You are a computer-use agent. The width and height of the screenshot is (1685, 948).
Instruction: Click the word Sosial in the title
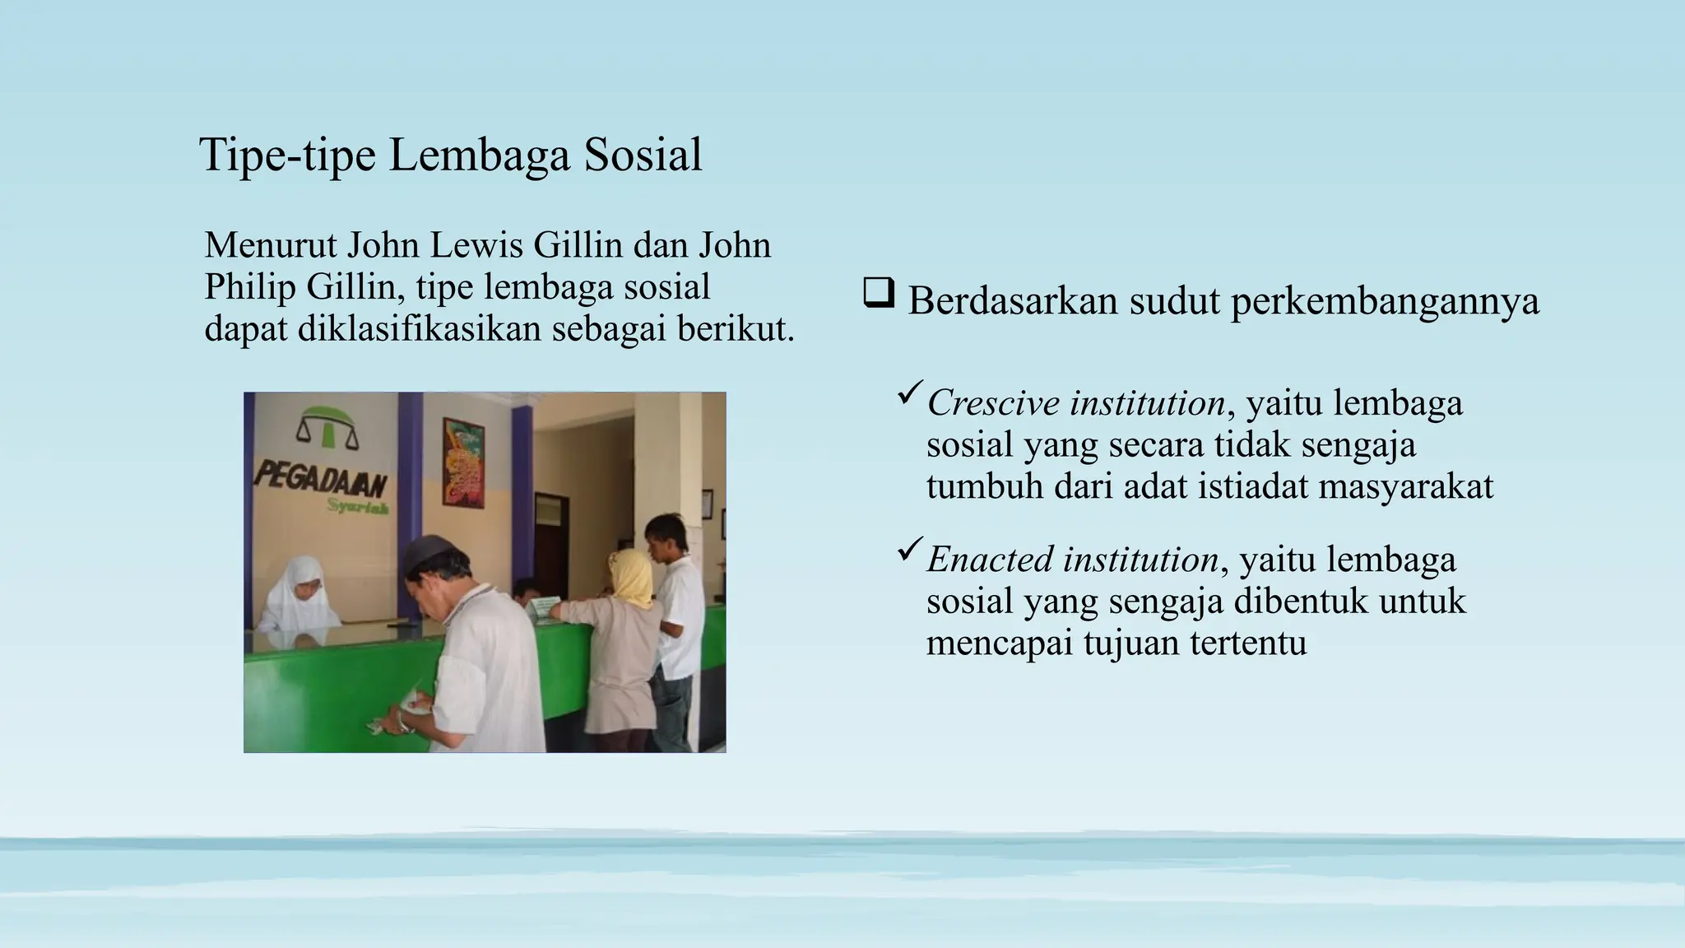click(x=643, y=155)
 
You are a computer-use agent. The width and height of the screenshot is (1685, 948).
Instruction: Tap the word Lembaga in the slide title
click(x=479, y=155)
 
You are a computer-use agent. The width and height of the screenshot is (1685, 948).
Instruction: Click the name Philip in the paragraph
click(x=250, y=286)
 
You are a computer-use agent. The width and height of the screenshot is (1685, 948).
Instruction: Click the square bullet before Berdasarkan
click(x=878, y=294)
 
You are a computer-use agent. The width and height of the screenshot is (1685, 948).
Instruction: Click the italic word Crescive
click(x=992, y=403)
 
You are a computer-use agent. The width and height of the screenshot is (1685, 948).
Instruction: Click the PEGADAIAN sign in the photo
click(x=322, y=480)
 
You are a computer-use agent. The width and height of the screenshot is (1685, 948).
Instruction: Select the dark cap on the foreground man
click(x=430, y=552)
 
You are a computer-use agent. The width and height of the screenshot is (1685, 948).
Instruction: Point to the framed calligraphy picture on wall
click(x=464, y=462)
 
